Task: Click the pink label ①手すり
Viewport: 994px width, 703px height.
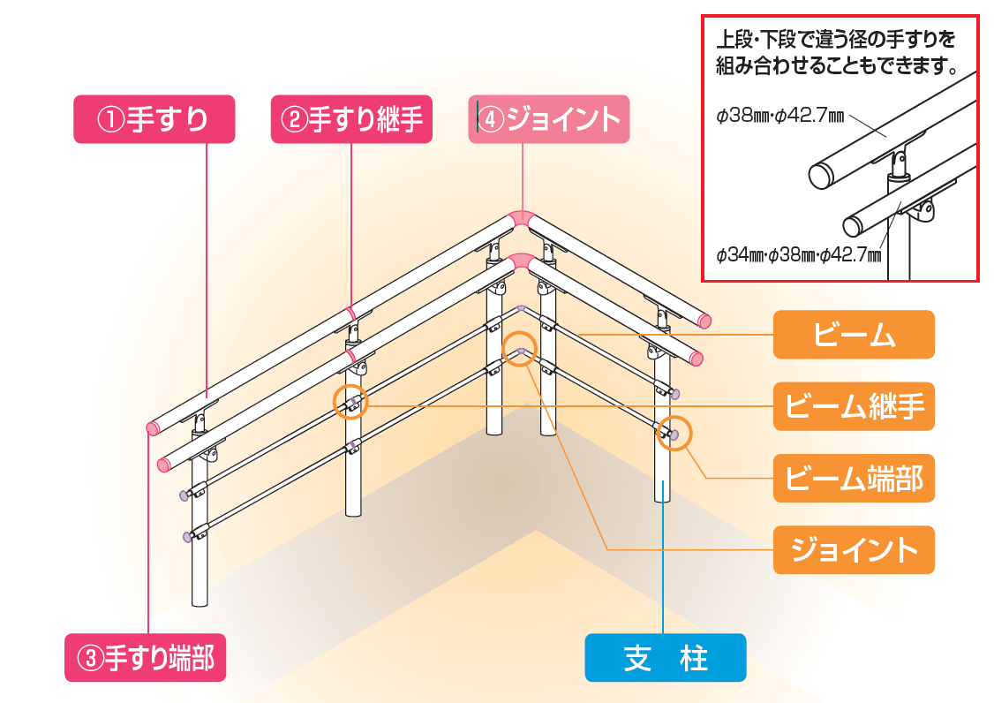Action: pyautogui.click(x=154, y=119)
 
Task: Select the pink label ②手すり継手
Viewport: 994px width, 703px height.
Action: pyautogui.click(x=351, y=119)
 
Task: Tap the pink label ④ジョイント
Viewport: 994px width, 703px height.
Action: pyautogui.click(x=548, y=119)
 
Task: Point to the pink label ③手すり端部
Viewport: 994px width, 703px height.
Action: pyautogui.click(x=146, y=658)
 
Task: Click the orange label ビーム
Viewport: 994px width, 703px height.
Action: pyautogui.click(x=853, y=335)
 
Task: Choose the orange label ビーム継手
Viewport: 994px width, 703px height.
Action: pyautogui.click(x=853, y=406)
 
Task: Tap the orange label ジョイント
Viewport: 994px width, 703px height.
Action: pyautogui.click(x=853, y=549)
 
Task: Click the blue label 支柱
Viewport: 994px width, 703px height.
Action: pyautogui.click(x=666, y=658)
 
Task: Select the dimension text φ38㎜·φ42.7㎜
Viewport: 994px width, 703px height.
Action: pyautogui.click(x=769, y=117)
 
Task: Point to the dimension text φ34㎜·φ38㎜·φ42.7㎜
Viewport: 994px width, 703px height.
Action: pyautogui.click(x=799, y=256)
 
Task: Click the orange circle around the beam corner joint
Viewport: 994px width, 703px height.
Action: pyautogui.click(x=520, y=349)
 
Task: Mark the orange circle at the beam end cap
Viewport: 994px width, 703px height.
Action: pyautogui.click(x=674, y=433)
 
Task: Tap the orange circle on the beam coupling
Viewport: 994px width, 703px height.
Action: pyautogui.click(x=350, y=403)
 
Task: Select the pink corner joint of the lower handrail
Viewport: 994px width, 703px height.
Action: pyautogui.click(x=521, y=262)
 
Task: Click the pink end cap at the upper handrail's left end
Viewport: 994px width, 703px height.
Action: pyautogui.click(x=152, y=428)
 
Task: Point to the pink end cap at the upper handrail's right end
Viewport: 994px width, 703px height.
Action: pyautogui.click(x=704, y=321)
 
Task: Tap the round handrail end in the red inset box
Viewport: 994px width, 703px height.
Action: pyautogui.click(x=822, y=176)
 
